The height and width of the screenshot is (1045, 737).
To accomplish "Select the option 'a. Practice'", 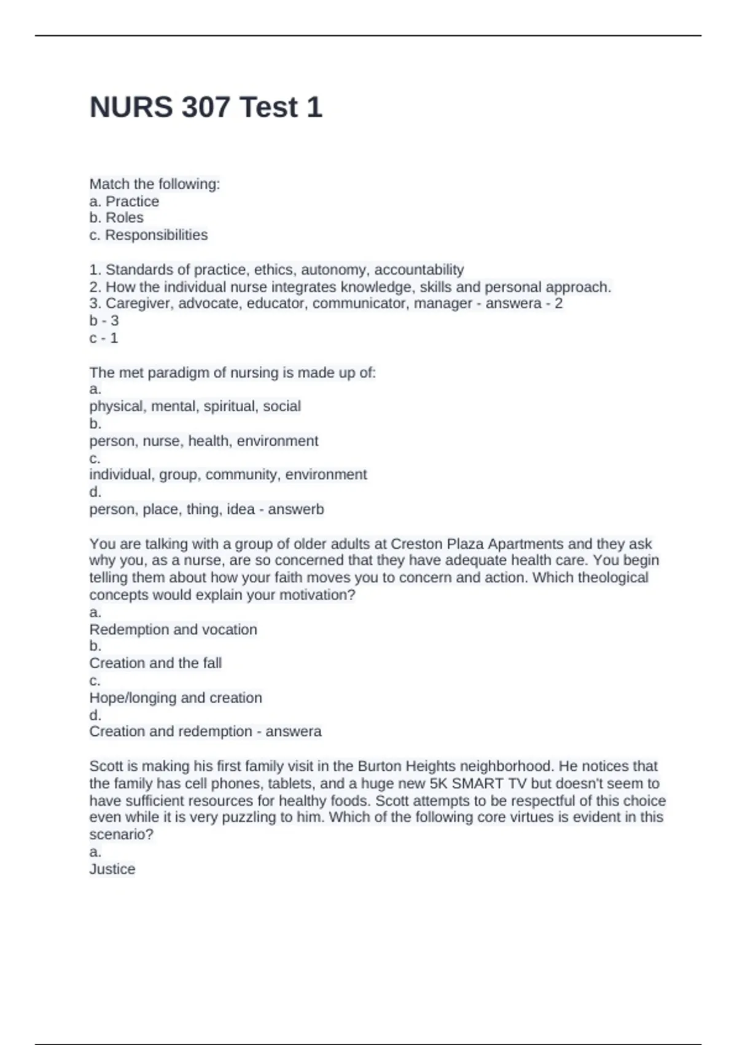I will pyautogui.click(x=124, y=201).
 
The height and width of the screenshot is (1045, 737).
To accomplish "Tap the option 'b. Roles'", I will pyautogui.click(x=116, y=218).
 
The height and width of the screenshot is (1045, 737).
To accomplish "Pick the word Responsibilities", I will pyautogui.click(x=156, y=235).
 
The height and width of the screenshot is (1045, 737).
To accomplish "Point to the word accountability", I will pyautogui.click(x=419, y=269).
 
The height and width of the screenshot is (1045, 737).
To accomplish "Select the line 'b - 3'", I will pyautogui.click(x=104, y=320).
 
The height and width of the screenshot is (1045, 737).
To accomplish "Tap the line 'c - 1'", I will pyautogui.click(x=104, y=337).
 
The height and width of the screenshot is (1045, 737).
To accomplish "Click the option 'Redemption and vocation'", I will pyautogui.click(x=173, y=629).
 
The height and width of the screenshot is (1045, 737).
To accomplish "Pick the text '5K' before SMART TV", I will pyautogui.click(x=439, y=784).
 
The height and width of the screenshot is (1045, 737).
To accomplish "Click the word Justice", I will pyautogui.click(x=112, y=869).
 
